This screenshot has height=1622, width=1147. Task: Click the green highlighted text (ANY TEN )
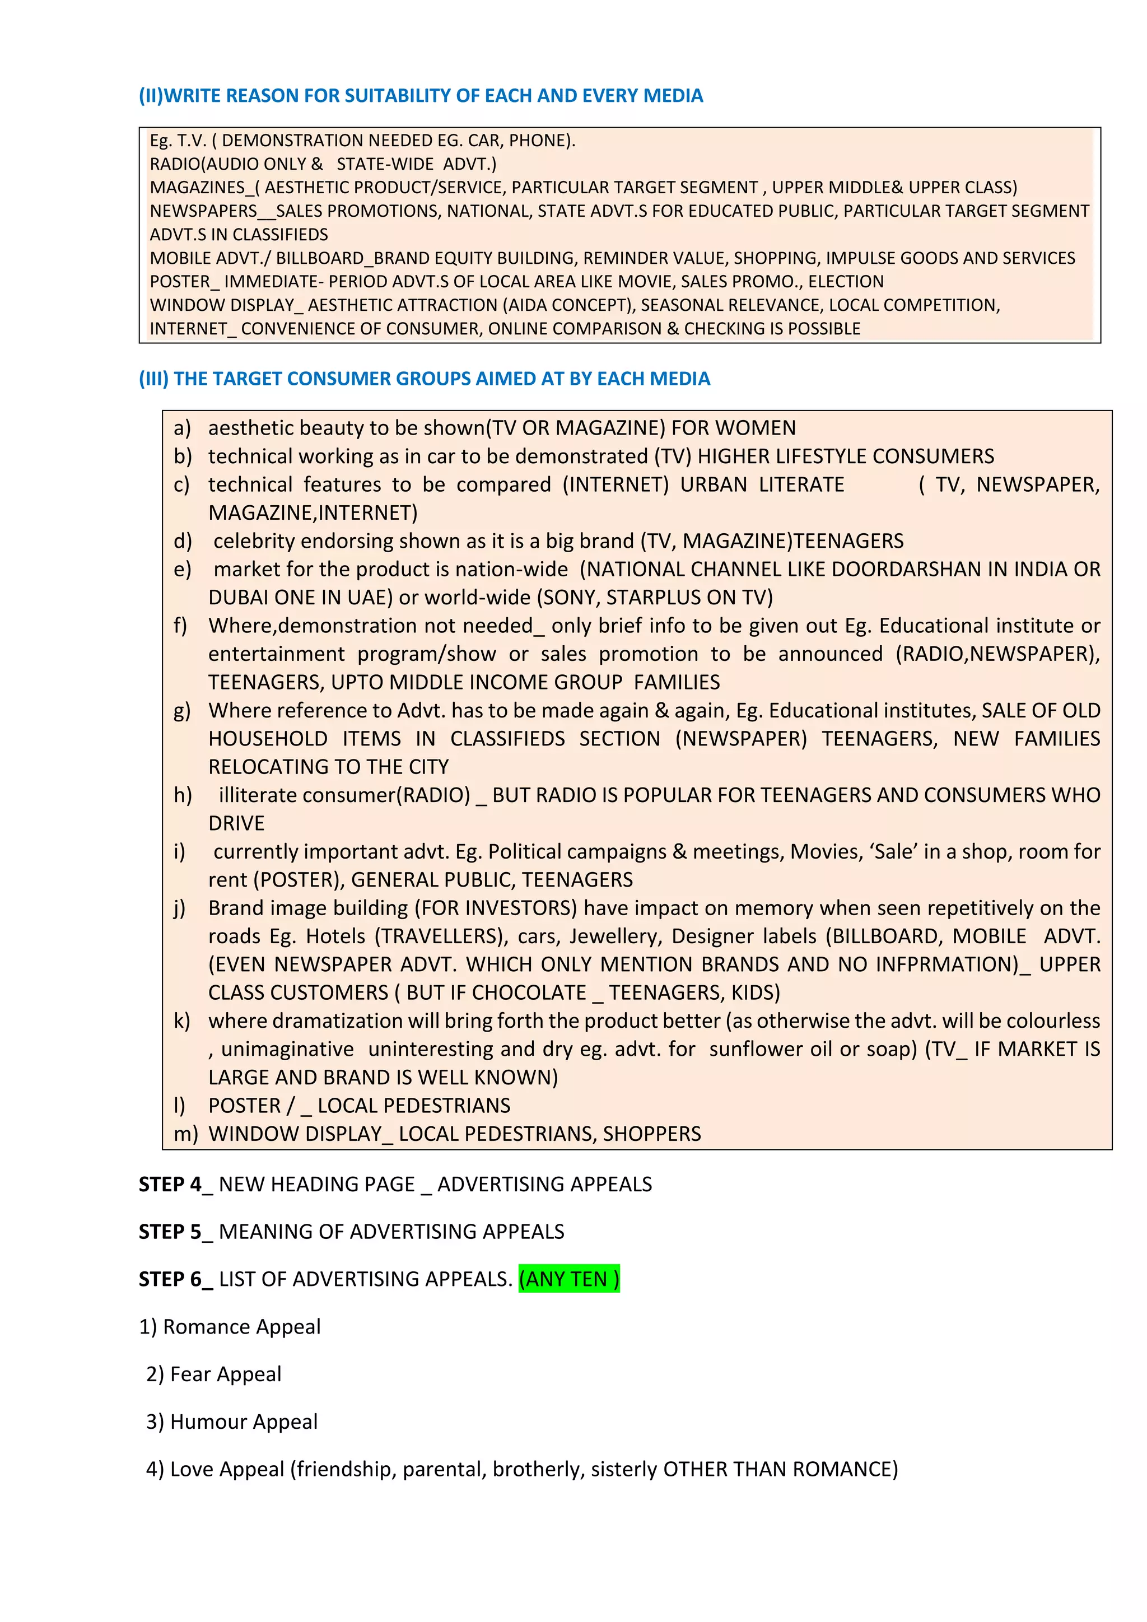[x=568, y=1279]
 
